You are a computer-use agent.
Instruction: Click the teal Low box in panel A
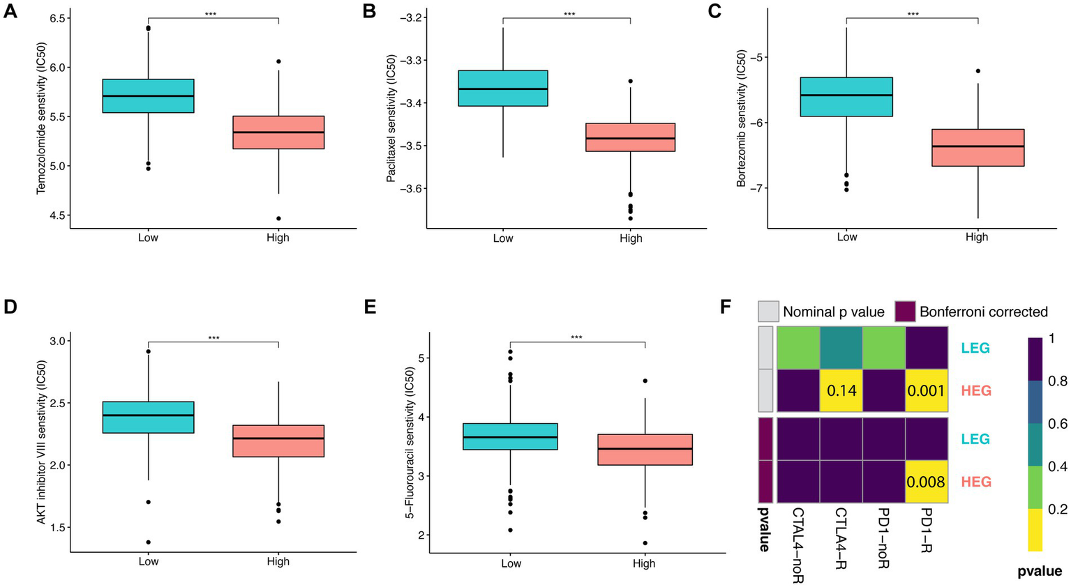tap(148, 96)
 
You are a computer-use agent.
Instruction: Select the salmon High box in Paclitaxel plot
tap(630, 137)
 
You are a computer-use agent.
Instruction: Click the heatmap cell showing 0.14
tap(841, 391)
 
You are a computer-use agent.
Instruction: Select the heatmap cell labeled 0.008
tap(926, 482)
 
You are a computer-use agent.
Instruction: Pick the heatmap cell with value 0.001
tap(926, 391)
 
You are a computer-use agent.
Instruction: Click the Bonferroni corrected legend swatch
tap(906, 311)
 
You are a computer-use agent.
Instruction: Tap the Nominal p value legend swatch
tap(768, 311)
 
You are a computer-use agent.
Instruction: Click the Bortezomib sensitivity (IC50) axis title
tap(741, 118)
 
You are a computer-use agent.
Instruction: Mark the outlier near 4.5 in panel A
tap(278, 218)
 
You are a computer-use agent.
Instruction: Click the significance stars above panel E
tap(576, 338)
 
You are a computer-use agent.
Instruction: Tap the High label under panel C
tap(976, 237)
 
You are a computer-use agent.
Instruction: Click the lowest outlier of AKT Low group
tap(148, 542)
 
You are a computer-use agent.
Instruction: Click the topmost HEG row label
tap(975, 391)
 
